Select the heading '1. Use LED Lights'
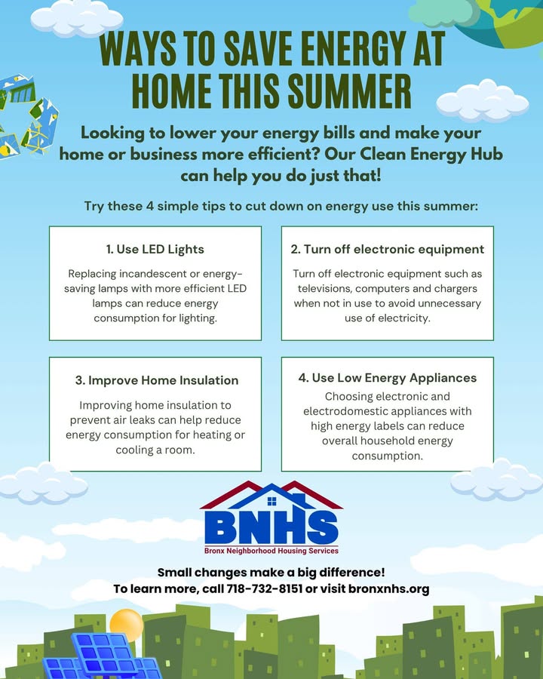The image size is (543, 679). (155, 250)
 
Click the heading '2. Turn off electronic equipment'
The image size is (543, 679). (387, 250)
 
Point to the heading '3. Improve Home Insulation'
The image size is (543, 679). (157, 380)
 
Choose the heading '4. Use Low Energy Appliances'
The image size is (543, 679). (387, 378)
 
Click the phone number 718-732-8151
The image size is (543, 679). (264, 589)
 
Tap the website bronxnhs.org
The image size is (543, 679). (389, 589)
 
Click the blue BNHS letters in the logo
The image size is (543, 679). (271, 527)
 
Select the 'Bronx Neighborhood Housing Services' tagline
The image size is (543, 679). (271, 551)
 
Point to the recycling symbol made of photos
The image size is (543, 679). (27, 115)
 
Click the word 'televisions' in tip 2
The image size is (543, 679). (324, 288)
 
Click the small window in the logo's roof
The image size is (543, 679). (271, 502)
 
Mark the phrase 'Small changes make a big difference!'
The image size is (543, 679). (271, 573)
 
